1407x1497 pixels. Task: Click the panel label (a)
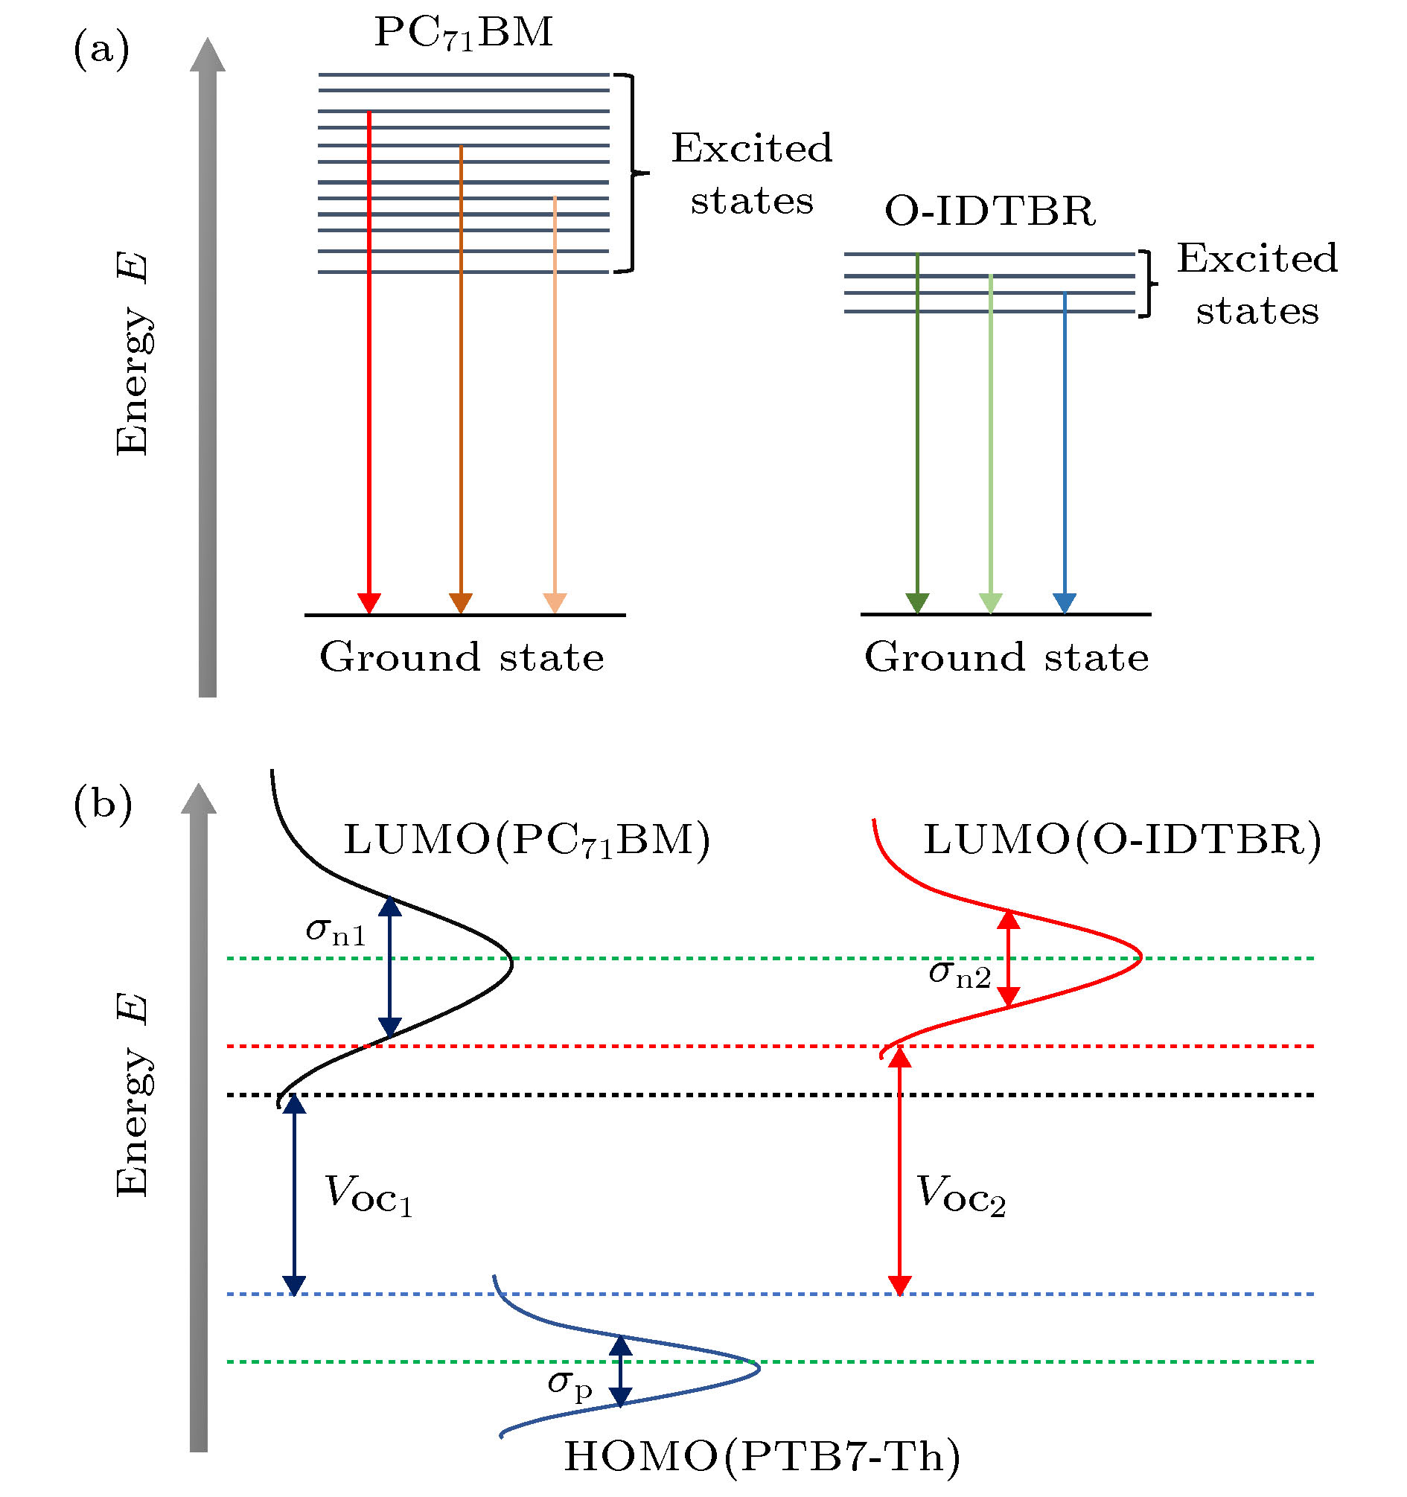tap(101, 50)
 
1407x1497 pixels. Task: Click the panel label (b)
tap(103, 804)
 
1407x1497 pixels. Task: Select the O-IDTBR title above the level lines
tap(989, 211)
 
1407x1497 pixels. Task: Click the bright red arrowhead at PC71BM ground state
tap(368, 603)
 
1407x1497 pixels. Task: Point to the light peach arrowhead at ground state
tap(555, 603)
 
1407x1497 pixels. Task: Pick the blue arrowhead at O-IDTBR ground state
tap(1064, 603)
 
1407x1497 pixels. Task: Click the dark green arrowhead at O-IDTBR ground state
tap(916, 603)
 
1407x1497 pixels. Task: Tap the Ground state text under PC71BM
tap(462, 657)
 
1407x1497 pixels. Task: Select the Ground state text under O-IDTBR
tap(1006, 657)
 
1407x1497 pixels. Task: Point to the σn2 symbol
tap(960, 974)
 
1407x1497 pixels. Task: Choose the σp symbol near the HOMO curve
tap(570, 1384)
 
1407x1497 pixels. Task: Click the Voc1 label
tap(368, 1196)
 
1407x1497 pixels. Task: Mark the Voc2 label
tap(960, 1196)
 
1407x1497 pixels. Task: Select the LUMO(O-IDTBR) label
tap(1123, 840)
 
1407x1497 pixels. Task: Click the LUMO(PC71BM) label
tap(526, 840)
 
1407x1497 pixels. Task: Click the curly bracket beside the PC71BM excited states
tap(633, 173)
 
